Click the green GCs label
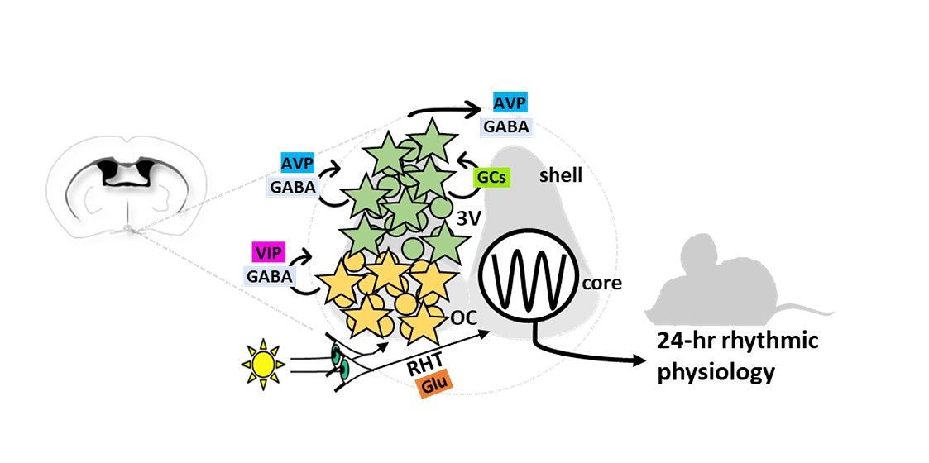coord(490,176)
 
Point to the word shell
coord(561,175)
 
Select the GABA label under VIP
coord(270,275)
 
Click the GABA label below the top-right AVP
coord(508,126)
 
